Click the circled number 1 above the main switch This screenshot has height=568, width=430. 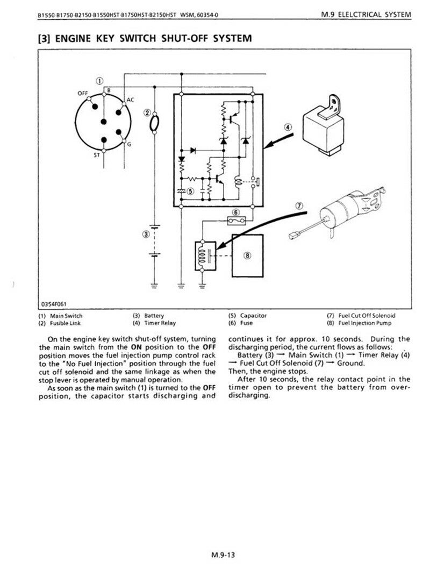coord(99,81)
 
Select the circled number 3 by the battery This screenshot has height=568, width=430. coord(146,235)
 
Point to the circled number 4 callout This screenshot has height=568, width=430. coord(288,127)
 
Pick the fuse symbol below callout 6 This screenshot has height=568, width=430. coord(236,220)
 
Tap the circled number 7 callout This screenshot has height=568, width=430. coord(299,206)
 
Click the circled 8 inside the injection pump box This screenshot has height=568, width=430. coord(248,255)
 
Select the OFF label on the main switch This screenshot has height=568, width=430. coord(83,93)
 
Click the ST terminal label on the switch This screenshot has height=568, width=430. coord(97,155)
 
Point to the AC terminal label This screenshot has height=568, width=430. coord(130,100)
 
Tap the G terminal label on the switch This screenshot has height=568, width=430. coord(129,145)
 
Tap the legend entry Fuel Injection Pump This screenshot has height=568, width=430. coord(365,323)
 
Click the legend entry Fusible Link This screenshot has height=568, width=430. coord(65,323)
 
